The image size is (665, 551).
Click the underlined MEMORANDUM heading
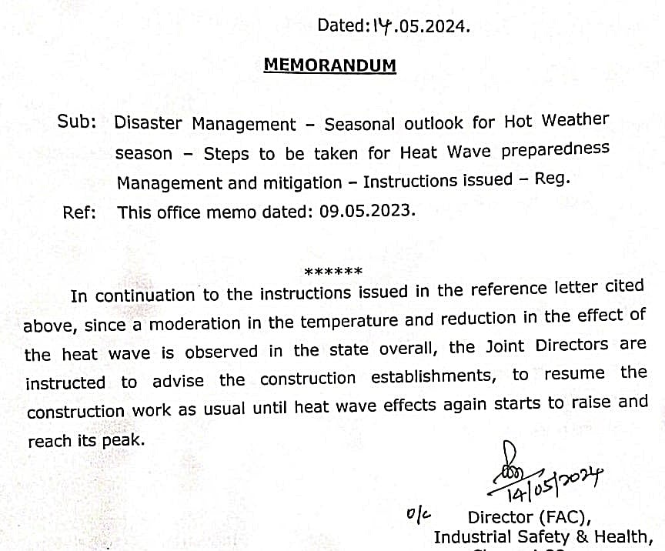(x=329, y=65)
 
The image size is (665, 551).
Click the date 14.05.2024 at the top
(x=419, y=26)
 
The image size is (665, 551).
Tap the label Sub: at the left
(x=77, y=122)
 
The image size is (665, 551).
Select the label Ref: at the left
(x=79, y=212)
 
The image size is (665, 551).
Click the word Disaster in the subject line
(x=149, y=123)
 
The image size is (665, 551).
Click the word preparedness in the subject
(x=555, y=149)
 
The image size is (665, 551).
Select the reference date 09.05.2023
(x=366, y=211)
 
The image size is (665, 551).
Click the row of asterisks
(x=333, y=272)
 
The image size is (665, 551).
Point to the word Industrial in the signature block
(x=473, y=536)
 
